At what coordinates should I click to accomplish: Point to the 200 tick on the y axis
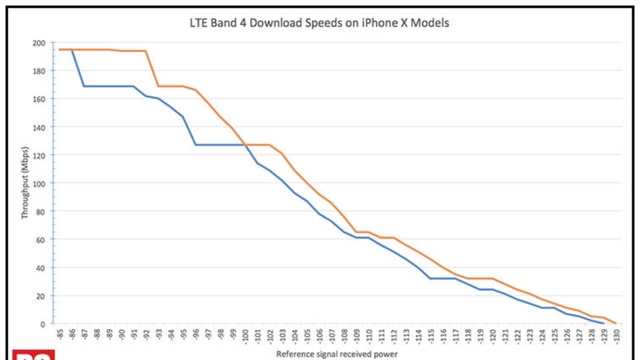pos(39,43)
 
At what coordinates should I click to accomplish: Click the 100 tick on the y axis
pos(39,184)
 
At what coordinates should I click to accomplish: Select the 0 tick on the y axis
pos(43,324)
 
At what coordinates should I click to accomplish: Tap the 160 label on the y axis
pos(39,99)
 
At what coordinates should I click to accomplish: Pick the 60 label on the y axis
pos(41,240)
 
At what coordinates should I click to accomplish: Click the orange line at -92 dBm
pos(147,51)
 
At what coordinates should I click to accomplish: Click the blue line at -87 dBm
pos(84,86)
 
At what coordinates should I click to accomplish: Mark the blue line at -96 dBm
pos(196,145)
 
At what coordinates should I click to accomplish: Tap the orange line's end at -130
pos(618,323)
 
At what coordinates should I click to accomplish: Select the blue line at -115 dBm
pos(432,278)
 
